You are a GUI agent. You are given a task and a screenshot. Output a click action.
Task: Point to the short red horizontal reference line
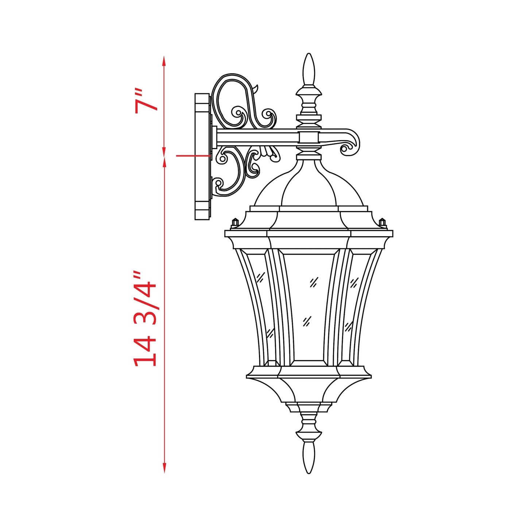193,156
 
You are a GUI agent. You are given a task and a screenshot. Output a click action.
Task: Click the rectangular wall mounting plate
202,157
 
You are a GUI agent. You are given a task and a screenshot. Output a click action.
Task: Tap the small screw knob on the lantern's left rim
235,222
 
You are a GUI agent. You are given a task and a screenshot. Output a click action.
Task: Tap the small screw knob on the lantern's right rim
382,222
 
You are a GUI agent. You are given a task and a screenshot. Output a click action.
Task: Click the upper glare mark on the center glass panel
314,282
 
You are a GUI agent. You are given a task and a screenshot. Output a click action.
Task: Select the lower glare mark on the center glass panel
307,321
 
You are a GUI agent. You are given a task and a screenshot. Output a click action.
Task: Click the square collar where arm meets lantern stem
309,137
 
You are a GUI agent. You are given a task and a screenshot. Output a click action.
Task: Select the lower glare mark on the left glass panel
270,332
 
